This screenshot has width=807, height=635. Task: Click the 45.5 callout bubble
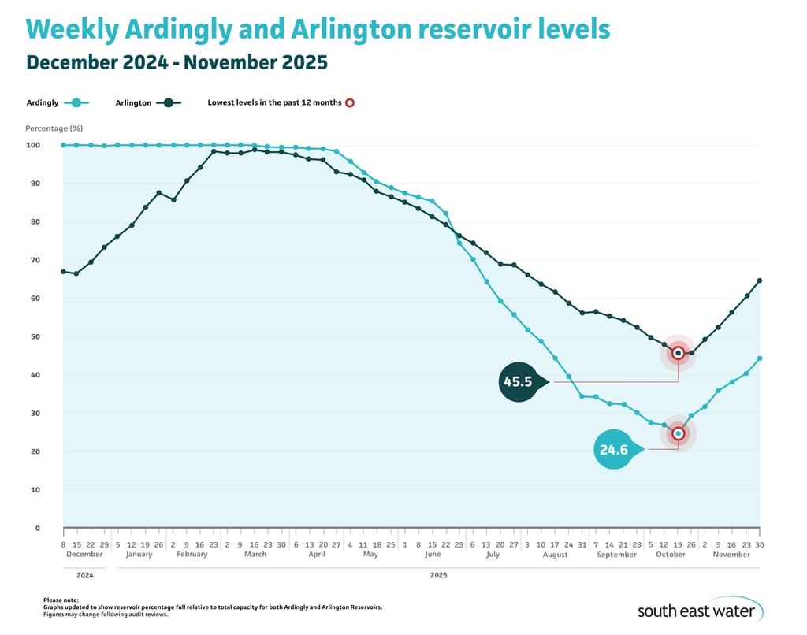[518, 382]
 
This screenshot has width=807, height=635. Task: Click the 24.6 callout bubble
[614, 450]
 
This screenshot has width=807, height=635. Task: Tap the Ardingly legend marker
[76, 102]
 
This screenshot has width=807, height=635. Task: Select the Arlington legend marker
[168, 102]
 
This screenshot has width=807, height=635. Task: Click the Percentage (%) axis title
[54, 128]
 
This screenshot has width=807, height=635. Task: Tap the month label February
[192, 554]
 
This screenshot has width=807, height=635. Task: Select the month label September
[616, 554]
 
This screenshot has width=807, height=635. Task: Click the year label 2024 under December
[84, 575]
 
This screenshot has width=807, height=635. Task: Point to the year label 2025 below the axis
[439, 575]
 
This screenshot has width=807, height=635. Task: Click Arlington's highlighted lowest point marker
[679, 353]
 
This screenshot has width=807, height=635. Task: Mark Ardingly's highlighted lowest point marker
[679, 433]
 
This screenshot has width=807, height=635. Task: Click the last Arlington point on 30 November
[760, 280]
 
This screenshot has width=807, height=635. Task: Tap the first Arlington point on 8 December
[63, 271]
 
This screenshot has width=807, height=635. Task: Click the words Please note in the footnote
[61, 600]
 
